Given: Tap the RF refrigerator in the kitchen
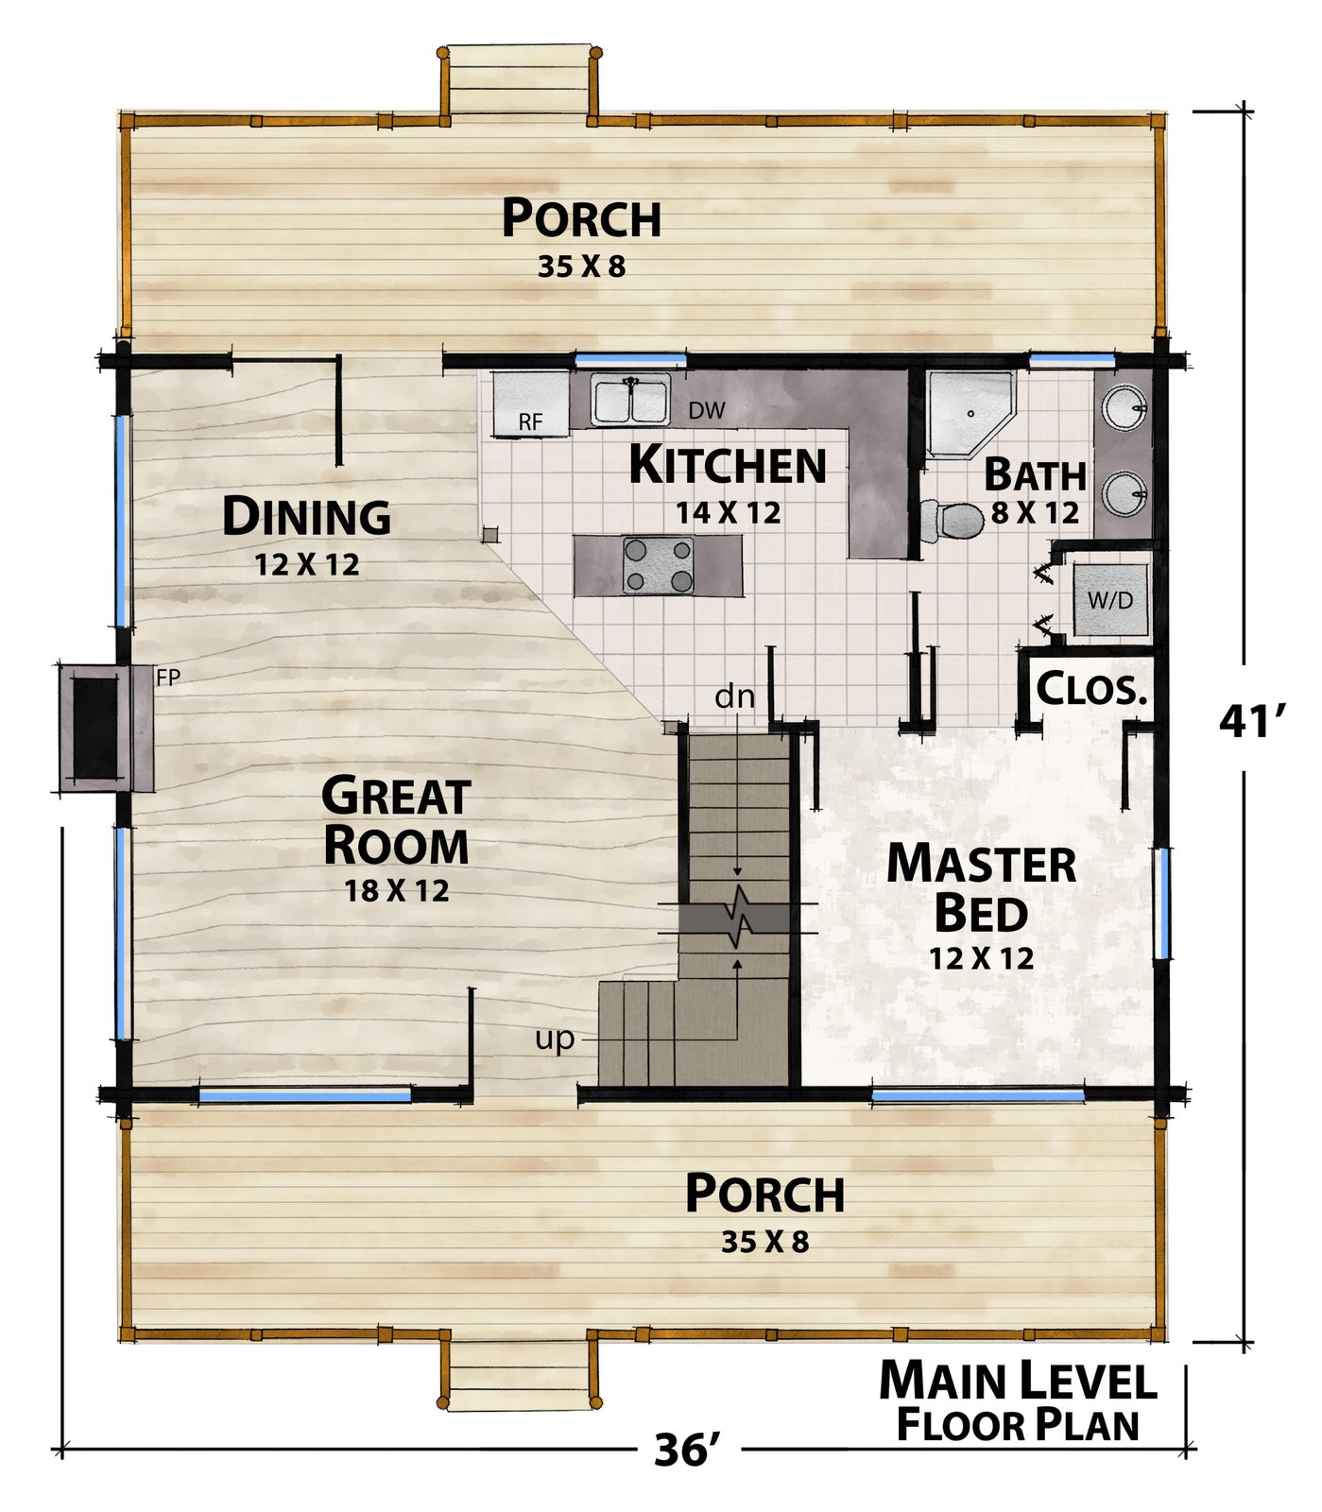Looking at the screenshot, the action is (530, 404).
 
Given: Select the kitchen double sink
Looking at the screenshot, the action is (631, 399).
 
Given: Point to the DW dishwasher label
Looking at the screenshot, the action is (706, 410).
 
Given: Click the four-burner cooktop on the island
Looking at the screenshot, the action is (658, 565).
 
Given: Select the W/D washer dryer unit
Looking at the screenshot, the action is (1110, 600).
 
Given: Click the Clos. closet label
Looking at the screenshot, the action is (1091, 689).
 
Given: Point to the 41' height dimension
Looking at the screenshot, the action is (1253, 722).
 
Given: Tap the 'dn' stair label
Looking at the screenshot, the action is (734, 696).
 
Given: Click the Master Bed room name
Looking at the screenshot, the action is (981, 888).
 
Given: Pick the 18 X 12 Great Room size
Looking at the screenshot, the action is (397, 890).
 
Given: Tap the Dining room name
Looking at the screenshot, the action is (306, 516).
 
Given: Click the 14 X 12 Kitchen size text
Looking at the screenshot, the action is (729, 512).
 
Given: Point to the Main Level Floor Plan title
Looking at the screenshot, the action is (1019, 1401).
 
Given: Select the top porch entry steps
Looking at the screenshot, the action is (519, 84).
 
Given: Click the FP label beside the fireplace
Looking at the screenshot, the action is (168, 677).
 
